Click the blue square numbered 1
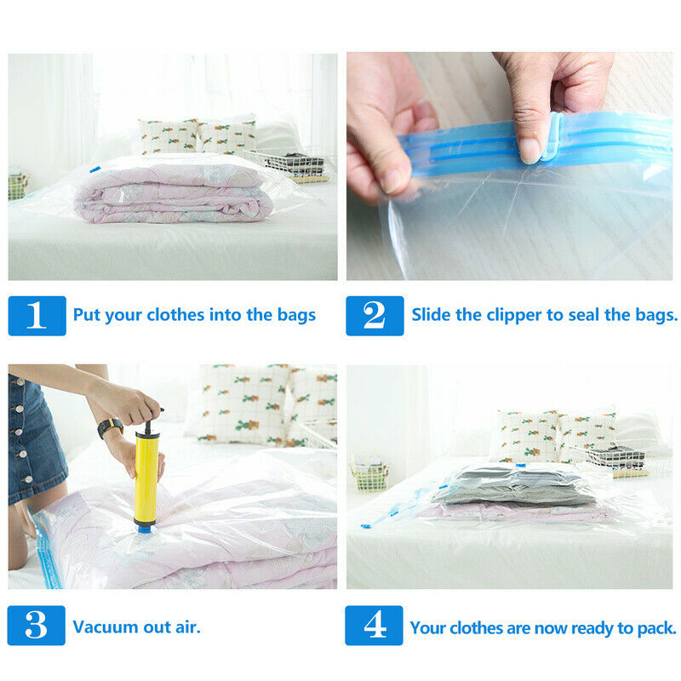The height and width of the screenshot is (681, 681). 37,316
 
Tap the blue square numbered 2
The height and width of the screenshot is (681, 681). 375,316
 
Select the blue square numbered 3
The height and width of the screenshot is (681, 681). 36,626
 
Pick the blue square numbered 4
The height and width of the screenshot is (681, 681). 374,626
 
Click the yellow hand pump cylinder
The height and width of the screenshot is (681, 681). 146,478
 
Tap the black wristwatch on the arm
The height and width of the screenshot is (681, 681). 111,427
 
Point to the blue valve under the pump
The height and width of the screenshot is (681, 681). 145,529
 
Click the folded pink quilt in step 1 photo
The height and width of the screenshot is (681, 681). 174,194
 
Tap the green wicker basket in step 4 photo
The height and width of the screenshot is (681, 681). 369,474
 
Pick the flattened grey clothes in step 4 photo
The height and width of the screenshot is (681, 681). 512,485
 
